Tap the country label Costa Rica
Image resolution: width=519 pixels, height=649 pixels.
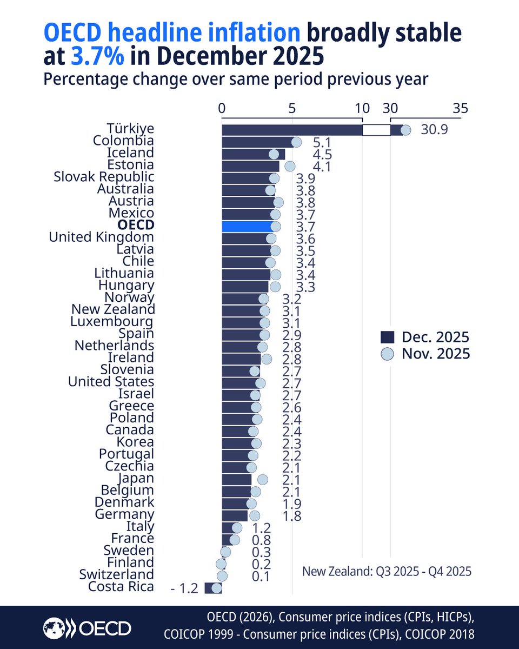click(122, 587)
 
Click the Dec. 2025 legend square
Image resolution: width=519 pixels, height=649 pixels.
click(386, 338)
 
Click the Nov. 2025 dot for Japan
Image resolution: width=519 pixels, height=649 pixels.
click(263, 480)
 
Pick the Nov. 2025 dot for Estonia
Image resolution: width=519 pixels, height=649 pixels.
click(290, 166)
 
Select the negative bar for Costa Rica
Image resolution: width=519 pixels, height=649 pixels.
click(213, 588)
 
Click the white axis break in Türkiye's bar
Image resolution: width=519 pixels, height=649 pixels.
click(376, 130)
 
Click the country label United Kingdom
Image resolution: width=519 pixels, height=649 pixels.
click(101, 237)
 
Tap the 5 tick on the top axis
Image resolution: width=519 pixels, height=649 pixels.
click(292, 108)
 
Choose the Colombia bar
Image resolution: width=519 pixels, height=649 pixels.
click(257, 142)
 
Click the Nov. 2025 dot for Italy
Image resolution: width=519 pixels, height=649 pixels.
click(237, 528)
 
